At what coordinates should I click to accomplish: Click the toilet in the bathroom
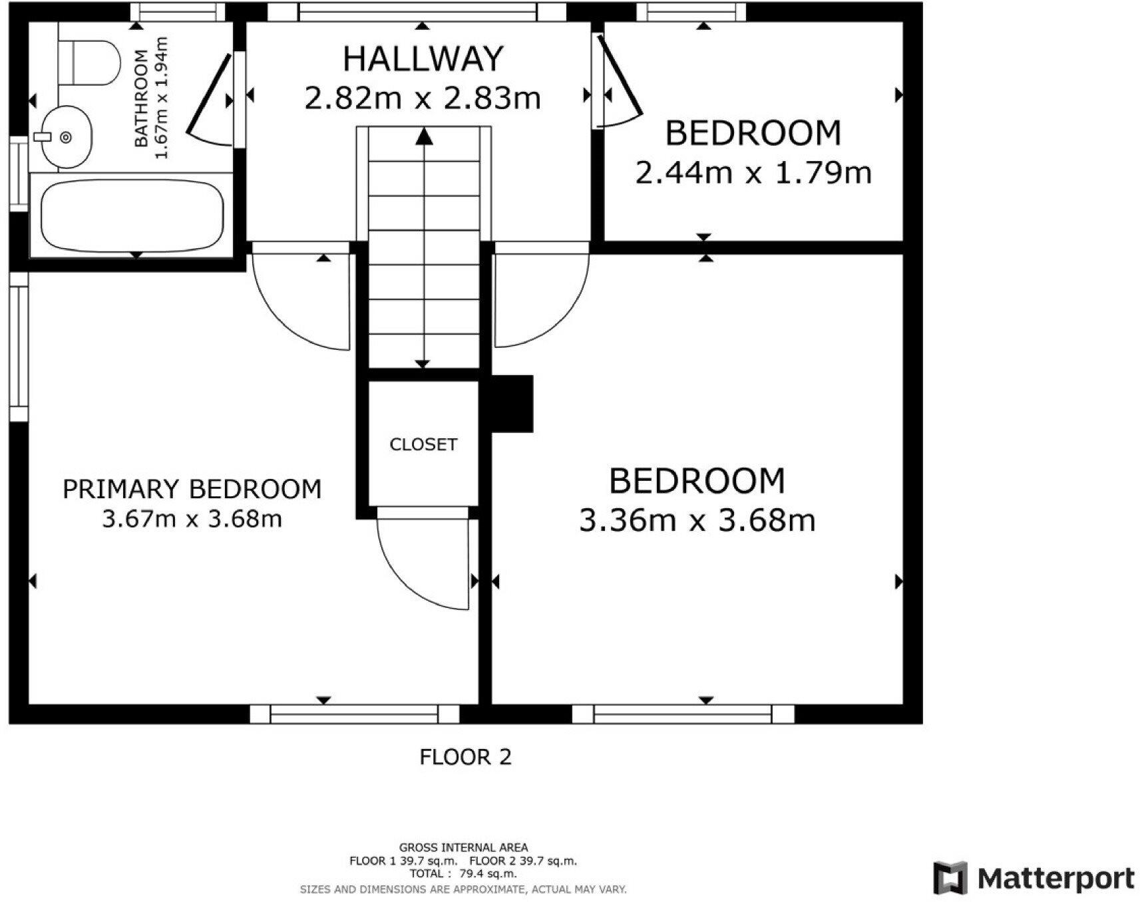89,63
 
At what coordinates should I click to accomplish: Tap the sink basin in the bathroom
66,136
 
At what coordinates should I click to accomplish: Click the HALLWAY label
423,59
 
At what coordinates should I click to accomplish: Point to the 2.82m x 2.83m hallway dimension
423,98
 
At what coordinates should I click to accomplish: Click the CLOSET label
423,444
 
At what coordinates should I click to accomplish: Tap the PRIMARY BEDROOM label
192,489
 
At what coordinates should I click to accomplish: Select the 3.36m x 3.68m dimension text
697,520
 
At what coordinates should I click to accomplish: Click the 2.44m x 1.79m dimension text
753,173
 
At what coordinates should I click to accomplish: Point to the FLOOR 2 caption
465,757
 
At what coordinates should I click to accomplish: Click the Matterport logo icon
950,878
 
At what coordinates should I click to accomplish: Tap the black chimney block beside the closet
512,404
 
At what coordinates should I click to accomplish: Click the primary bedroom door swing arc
286,319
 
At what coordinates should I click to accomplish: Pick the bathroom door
210,96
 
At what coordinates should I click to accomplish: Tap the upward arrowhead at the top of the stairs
424,136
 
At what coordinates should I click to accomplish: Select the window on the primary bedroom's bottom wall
354,714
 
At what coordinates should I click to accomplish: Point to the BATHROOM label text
141,98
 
